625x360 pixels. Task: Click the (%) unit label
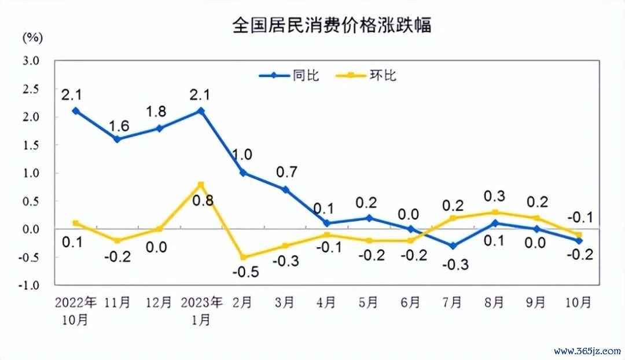pyautogui.click(x=32, y=38)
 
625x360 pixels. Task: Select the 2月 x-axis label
pyautogui.click(x=242, y=302)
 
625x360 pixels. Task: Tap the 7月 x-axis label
pyautogui.click(x=452, y=302)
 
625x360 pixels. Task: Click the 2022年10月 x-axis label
pyautogui.click(x=75, y=311)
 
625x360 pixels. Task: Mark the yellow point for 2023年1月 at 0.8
pyautogui.click(x=201, y=185)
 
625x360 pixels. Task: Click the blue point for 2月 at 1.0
pyautogui.click(x=242, y=172)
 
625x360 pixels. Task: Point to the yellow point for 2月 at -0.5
pyautogui.click(x=242, y=257)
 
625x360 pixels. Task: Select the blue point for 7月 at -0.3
pyautogui.click(x=452, y=246)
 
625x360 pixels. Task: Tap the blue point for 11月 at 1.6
pyautogui.click(x=117, y=139)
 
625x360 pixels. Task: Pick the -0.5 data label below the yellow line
pyautogui.click(x=243, y=272)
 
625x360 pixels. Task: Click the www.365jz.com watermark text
pyautogui.click(x=586, y=351)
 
